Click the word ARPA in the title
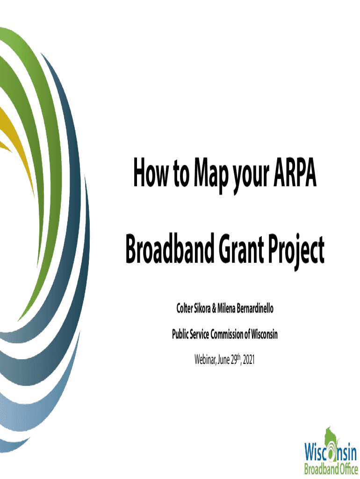click(x=295, y=173)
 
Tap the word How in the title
click(x=151, y=173)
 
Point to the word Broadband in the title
click(x=170, y=248)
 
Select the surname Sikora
click(x=202, y=308)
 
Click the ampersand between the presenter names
click(x=214, y=309)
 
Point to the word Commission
click(x=227, y=334)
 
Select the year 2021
click(x=249, y=360)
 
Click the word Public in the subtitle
click(x=180, y=334)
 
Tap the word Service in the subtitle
click(x=199, y=334)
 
